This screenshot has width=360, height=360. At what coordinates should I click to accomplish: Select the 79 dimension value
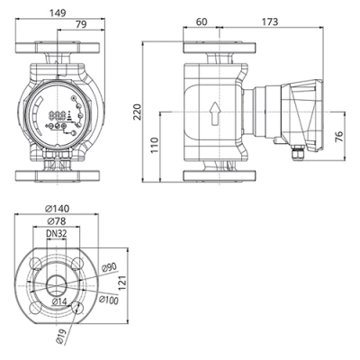pyautogui.click(x=81, y=24)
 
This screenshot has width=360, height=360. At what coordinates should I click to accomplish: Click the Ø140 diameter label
pyautogui.click(x=62, y=208)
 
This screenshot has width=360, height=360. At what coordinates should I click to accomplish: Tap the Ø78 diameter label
pyautogui.click(x=59, y=220)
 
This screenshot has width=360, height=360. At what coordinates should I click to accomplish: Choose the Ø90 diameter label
pyautogui.click(x=108, y=265)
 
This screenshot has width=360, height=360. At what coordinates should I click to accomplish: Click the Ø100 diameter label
pyautogui.click(x=108, y=300)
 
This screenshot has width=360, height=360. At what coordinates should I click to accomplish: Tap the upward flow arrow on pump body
pyautogui.click(x=215, y=112)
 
